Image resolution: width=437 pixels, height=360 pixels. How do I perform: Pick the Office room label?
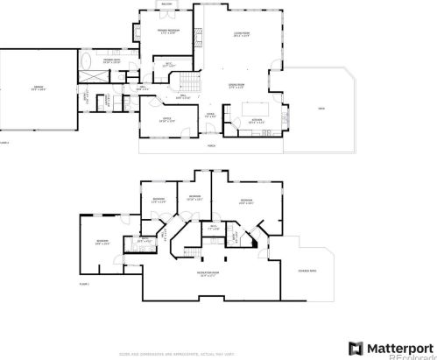point(164,119)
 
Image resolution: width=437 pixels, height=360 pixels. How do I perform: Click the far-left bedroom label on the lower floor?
point(102,241)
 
